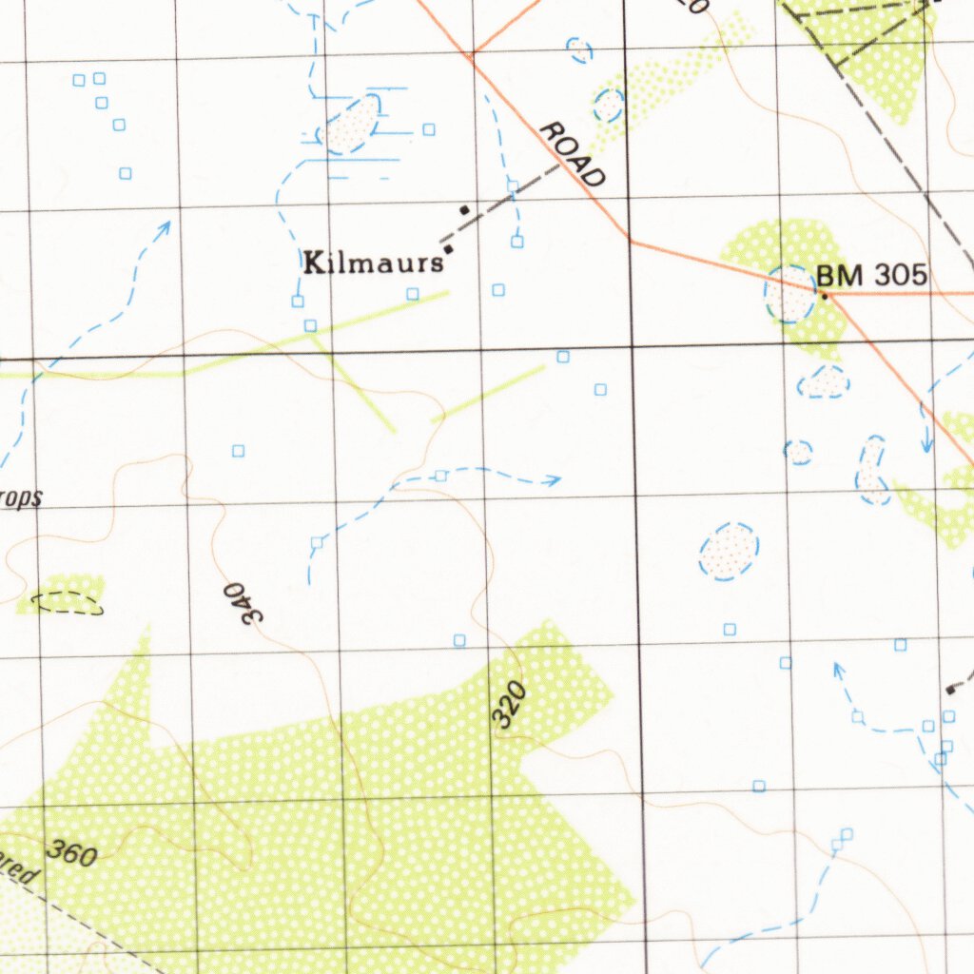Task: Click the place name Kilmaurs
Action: (373, 262)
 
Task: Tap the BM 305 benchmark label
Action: (870, 276)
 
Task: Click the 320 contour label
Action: (510, 706)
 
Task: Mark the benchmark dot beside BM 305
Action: (825, 296)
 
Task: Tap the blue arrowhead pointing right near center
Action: (552, 480)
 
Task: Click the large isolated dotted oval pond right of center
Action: (730, 551)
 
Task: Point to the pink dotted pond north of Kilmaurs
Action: (351, 126)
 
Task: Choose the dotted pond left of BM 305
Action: (789, 295)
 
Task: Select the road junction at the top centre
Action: (472, 55)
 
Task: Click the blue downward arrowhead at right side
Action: (925, 444)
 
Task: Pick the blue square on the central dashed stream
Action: (440, 476)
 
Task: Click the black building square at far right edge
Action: (950, 689)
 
